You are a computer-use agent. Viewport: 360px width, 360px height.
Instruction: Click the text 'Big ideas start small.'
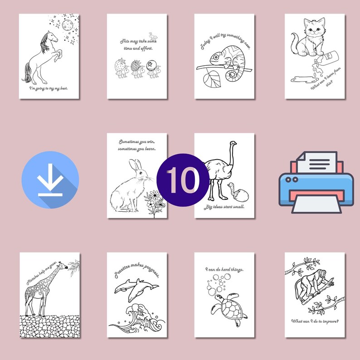[x=225, y=207]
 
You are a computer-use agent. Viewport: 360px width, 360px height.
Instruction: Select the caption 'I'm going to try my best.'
[x=49, y=88]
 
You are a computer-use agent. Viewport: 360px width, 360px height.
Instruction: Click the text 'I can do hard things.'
[x=224, y=269]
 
